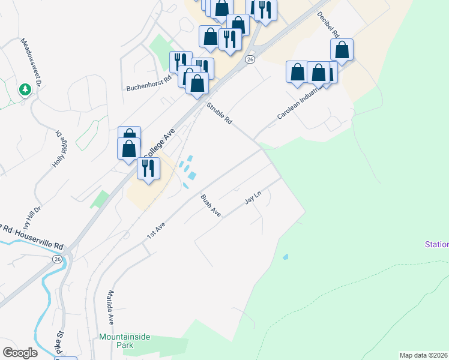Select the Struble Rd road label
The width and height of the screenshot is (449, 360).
[219, 113]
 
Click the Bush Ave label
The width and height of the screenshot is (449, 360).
[211, 206]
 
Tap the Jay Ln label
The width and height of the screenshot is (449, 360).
[254, 199]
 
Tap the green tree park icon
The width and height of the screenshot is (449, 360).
[25, 90]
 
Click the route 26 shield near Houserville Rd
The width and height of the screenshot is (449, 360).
[57, 259]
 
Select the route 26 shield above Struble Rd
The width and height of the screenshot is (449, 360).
[250, 59]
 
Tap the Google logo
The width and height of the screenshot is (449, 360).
[20, 353]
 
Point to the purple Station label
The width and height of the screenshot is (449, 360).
[436, 244]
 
